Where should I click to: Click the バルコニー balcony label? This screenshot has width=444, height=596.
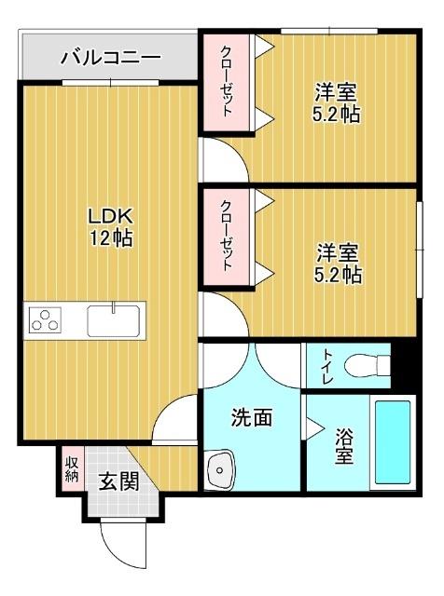click(110, 58)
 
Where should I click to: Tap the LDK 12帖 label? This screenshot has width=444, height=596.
click(110, 226)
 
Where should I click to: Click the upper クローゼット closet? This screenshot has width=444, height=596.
click(227, 81)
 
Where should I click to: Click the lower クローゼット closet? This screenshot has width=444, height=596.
click(227, 237)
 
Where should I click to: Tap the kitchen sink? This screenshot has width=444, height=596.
click(113, 320)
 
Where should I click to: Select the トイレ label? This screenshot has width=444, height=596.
click(317, 364)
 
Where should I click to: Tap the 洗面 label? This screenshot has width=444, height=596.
click(252, 418)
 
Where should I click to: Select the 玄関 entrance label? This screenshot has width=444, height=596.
click(119, 481)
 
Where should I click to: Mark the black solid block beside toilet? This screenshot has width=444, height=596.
click(403, 364)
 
